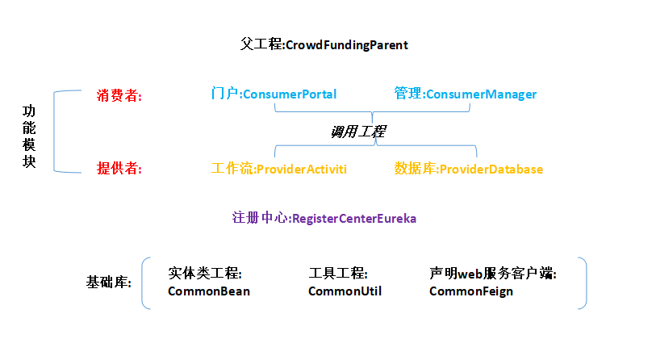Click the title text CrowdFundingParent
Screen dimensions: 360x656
tap(347, 45)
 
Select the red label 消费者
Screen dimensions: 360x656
tap(118, 95)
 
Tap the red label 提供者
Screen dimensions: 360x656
tap(118, 169)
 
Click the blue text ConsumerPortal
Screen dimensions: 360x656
tap(289, 94)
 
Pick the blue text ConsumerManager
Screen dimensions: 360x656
tap(481, 94)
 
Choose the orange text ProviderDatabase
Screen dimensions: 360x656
tap(491, 170)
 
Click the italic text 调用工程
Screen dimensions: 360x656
tap(358, 132)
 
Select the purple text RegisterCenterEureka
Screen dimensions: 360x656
tap(353, 218)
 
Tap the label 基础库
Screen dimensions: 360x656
tap(108, 283)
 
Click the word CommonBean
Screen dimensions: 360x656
tap(208, 291)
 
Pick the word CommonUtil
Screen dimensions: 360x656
tap(345, 291)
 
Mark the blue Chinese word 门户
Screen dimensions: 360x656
tap(224, 94)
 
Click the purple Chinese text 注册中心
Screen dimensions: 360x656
tap(260, 218)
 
